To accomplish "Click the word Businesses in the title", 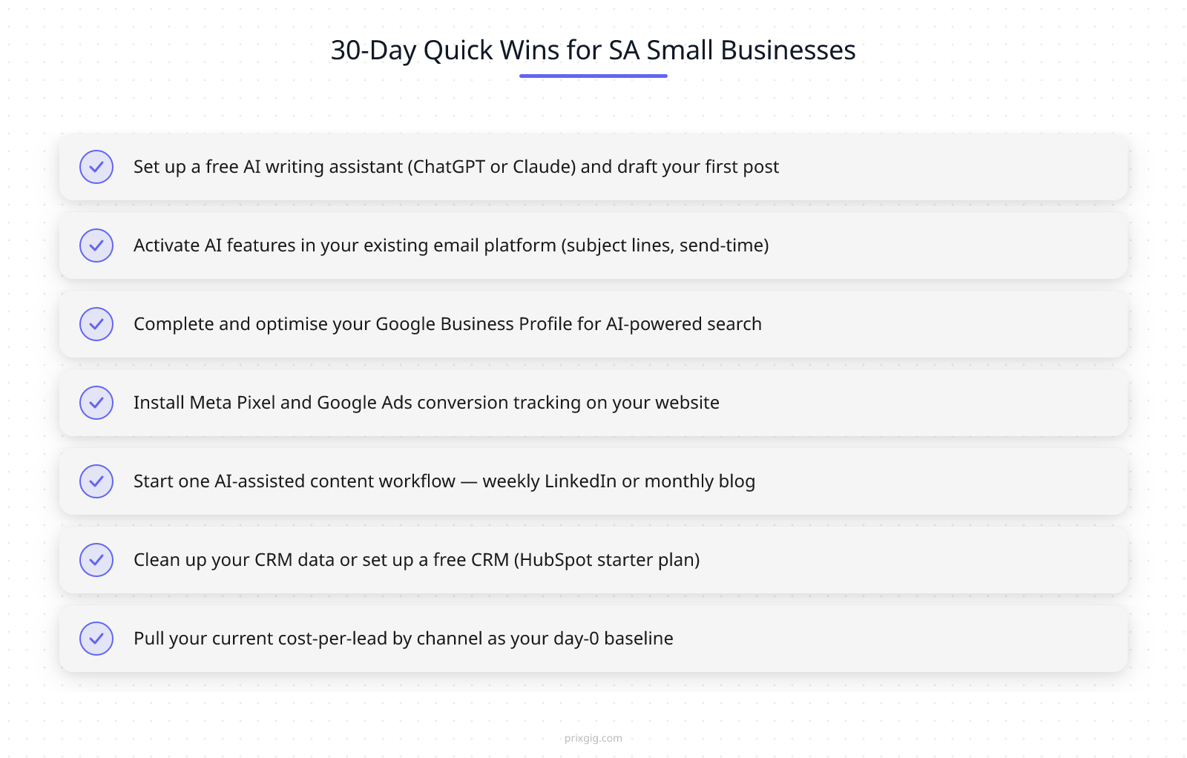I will (788, 50).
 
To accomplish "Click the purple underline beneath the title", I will (593, 76).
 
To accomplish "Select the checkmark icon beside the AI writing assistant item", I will (96, 167).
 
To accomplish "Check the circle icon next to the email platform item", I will (96, 245).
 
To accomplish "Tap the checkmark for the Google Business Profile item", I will (96, 324).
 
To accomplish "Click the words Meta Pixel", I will (232, 403).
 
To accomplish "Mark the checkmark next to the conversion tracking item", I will (96, 403).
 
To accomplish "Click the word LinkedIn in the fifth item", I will (580, 481).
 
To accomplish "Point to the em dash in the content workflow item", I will (469, 481).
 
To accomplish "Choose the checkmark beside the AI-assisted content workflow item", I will (96, 481).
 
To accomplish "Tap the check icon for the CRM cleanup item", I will (96, 560).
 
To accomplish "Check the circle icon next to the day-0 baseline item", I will (96, 639).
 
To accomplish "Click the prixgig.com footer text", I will (593, 738).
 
